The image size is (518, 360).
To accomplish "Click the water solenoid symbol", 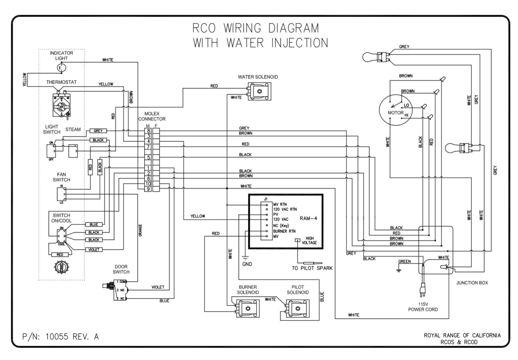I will click(x=259, y=91).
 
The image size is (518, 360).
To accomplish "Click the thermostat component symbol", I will click(x=60, y=104).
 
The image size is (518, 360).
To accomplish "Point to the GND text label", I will click(x=247, y=264).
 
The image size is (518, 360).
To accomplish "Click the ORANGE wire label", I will click(x=140, y=230).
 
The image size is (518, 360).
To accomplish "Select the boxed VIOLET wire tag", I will click(x=94, y=250).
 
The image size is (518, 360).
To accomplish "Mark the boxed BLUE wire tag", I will click(x=94, y=224).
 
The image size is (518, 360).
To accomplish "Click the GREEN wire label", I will click(x=404, y=262).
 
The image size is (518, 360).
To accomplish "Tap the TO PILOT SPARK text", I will click(x=312, y=268).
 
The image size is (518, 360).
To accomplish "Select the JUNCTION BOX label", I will click(x=472, y=283).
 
